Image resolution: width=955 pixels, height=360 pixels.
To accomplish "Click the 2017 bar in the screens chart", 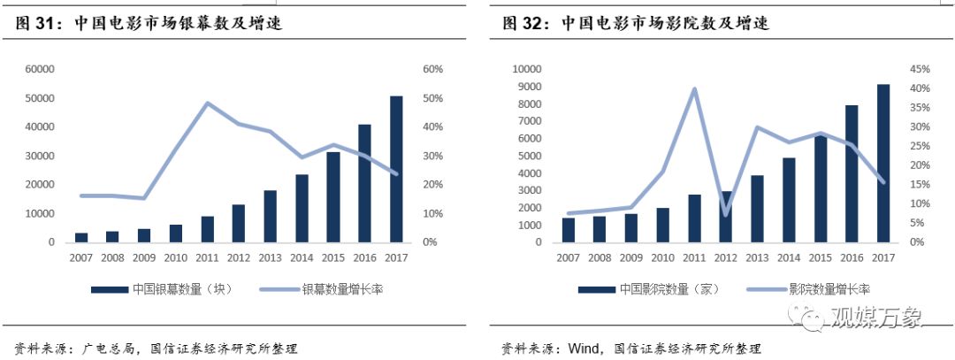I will (396, 169).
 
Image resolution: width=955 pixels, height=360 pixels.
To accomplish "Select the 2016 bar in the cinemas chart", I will (852, 173).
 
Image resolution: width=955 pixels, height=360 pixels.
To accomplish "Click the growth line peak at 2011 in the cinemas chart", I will (695, 88).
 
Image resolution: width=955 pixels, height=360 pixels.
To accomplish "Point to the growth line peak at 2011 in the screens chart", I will (208, 103).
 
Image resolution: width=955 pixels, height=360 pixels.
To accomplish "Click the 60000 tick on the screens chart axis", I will (40, 69).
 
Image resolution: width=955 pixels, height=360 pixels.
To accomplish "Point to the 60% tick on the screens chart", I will (433, 69).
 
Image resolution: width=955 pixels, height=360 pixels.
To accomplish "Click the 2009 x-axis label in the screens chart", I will (144, 257).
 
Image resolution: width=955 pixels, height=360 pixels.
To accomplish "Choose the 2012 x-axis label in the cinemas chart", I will (727, 257).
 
